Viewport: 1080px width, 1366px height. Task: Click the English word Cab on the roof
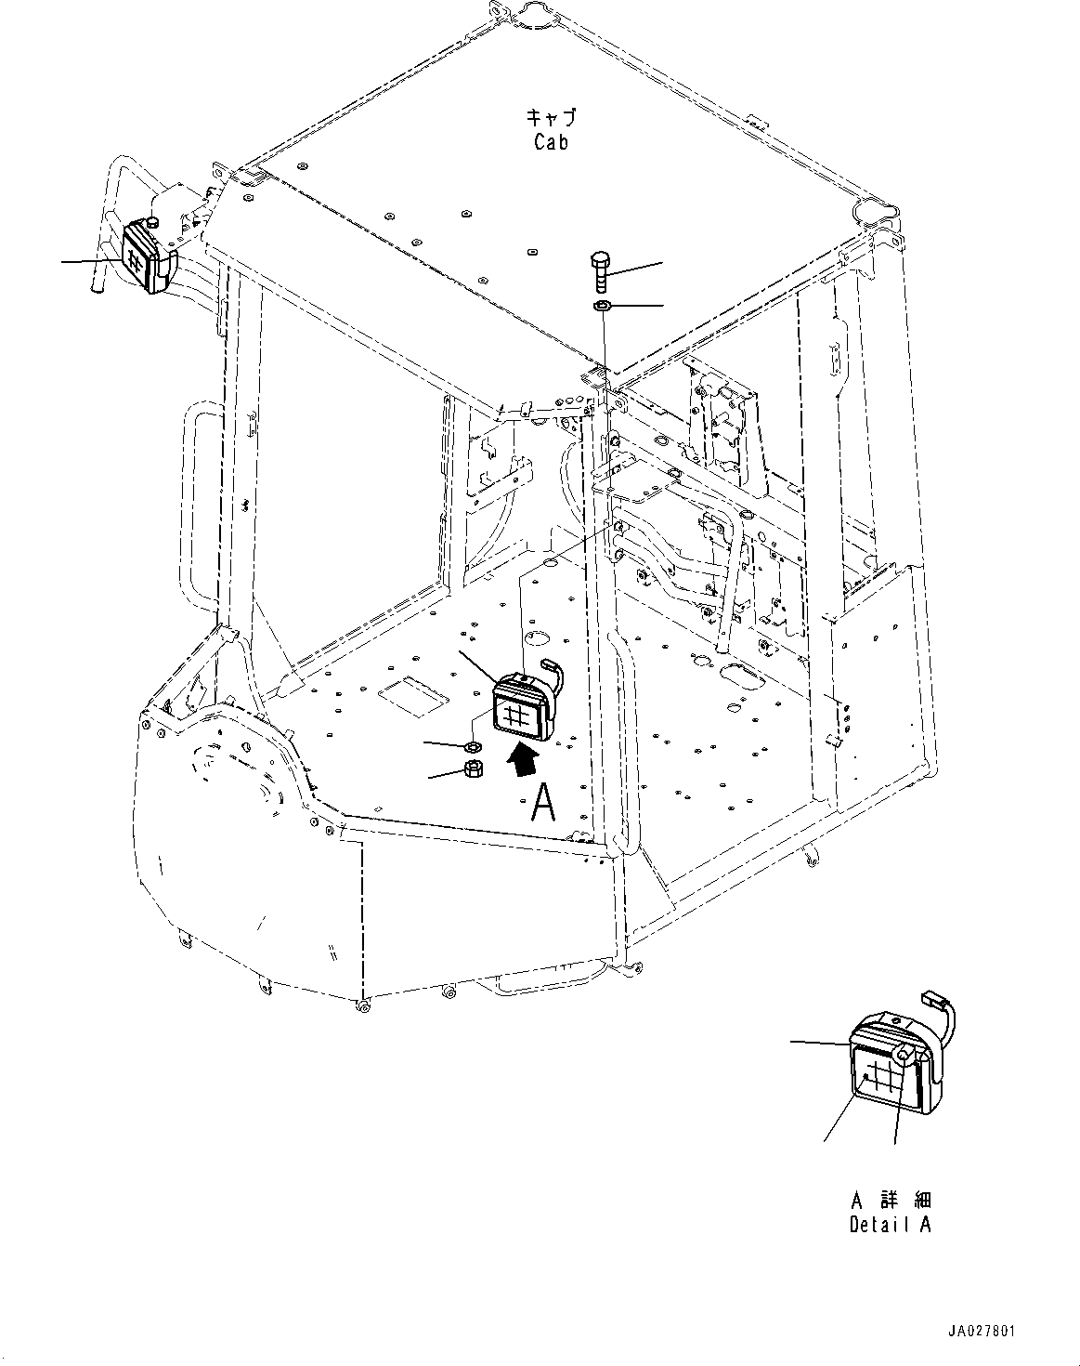pos(551,142)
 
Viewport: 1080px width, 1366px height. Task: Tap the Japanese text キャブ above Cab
pos(551,117)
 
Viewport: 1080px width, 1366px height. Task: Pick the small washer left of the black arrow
pos(472,745)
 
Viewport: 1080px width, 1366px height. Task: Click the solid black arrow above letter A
pos(523,756)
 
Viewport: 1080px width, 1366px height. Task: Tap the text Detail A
pos(890,1225)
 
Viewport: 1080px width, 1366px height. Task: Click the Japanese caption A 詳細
pos(890,1200)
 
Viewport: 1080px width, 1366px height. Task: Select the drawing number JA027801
pos(982,1332)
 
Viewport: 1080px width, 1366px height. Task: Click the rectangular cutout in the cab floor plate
pos(412,690)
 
